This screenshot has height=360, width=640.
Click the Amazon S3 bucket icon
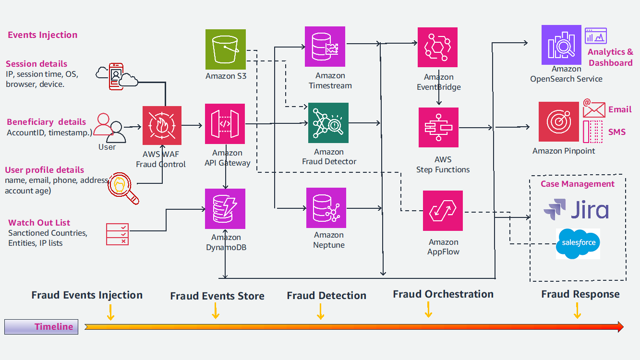coord(226,49)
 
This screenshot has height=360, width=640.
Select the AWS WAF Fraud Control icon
coord(162,126)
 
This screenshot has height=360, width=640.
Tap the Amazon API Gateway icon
coord(225,124)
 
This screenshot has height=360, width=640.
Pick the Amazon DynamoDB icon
coord(225,209)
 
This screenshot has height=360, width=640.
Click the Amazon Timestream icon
coord(325,47)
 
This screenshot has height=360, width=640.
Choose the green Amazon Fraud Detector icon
coord(328,123)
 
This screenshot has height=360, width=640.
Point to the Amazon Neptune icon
coord(326,208)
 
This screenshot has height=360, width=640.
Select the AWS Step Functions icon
coord(438,127)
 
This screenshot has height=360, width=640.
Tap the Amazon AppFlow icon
coord(443,211)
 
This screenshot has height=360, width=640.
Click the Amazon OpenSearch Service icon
coord(561,45)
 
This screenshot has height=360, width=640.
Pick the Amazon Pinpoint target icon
coord(559,121)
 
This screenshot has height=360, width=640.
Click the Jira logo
coord(576,210)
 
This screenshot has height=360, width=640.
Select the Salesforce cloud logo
coord(578,243)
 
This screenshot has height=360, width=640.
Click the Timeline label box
coord(41,327)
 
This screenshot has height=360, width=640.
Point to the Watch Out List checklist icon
coord(117,234)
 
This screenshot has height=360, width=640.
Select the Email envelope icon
coord(594,109)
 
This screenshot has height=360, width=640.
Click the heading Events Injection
coord(42,35)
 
